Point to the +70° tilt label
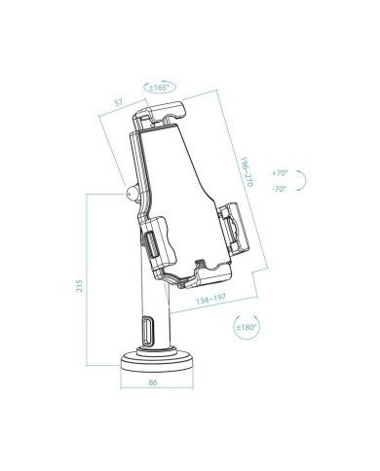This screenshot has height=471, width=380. pos(282,171)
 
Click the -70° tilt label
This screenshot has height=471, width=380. pos(282,188)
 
